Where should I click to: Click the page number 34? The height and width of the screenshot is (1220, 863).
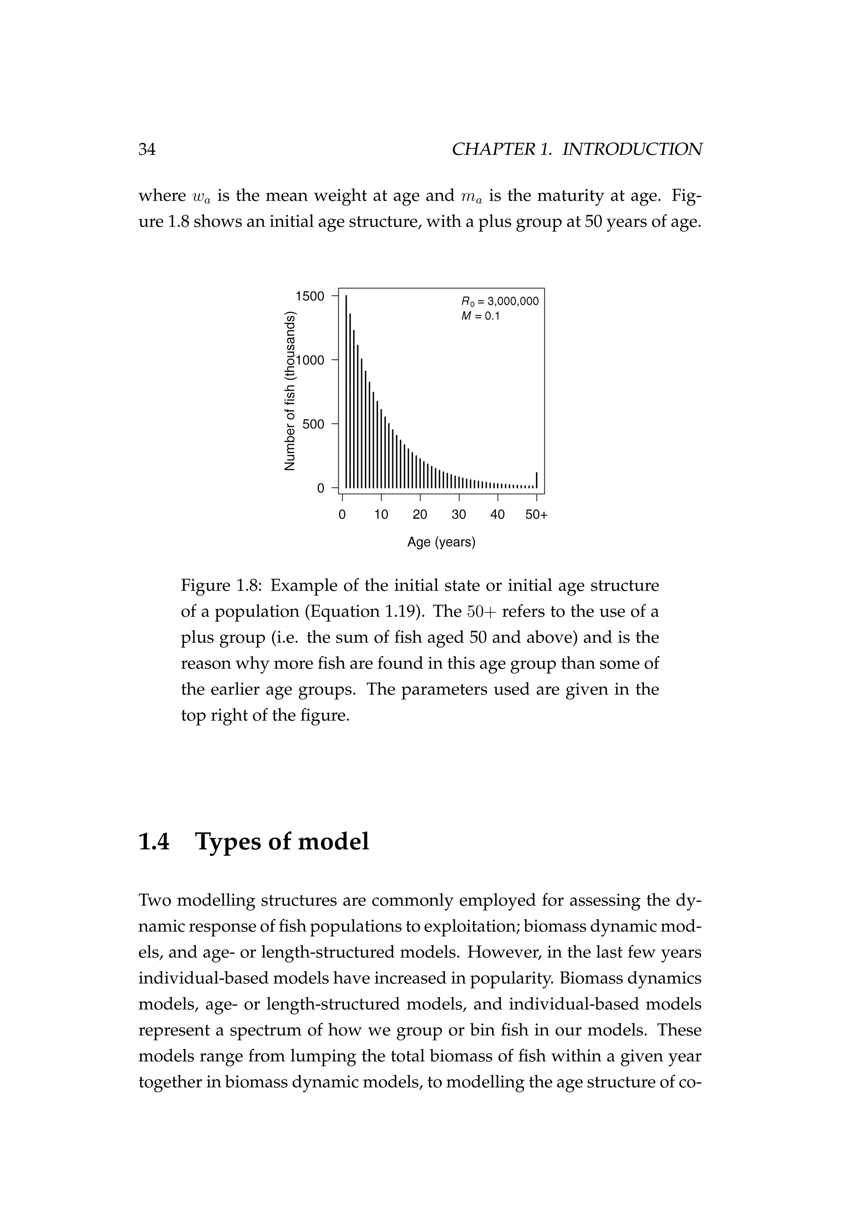pos(147,149)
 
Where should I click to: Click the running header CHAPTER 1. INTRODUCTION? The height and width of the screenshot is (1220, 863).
pos(576,149)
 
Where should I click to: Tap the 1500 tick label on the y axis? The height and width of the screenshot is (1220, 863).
pos(310,296)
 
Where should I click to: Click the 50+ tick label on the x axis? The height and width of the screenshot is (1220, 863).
pos(536,515)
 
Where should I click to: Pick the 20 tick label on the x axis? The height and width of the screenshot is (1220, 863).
pos(420,515)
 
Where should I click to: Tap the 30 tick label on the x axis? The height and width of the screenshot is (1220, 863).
pos(458,515)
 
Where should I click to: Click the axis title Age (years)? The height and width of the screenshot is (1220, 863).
pos(441,542)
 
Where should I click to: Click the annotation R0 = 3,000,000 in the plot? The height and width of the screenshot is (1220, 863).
pos(499,301)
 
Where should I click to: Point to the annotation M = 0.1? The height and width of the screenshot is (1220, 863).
pos(481,316)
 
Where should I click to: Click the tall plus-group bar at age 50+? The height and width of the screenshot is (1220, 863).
pos(537,480)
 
